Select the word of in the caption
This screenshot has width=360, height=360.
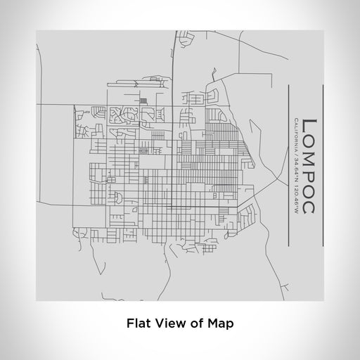[x=195, y=323]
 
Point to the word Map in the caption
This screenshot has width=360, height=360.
[x=219, y=323]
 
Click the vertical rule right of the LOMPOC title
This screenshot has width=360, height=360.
[x=322, y=166]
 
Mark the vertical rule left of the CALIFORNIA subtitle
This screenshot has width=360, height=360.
[x=290, y=166]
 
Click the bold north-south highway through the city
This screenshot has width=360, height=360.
[x=174, y=141]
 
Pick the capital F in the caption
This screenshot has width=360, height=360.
[x=129, y=323]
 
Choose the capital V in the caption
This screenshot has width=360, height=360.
[x=159, y=323]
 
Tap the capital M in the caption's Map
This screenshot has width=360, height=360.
[x=213, y=323]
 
